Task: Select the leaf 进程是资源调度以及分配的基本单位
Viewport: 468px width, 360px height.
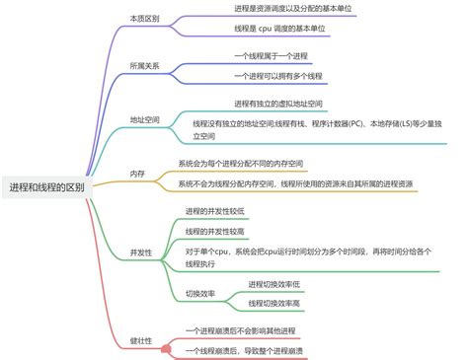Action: (x=293, y=7)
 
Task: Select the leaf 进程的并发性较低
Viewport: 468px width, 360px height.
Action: (x=215, y=211)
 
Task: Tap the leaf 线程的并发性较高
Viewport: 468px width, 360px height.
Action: (x=215, y=231)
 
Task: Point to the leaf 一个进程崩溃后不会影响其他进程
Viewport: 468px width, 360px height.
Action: (x=254, y=330)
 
